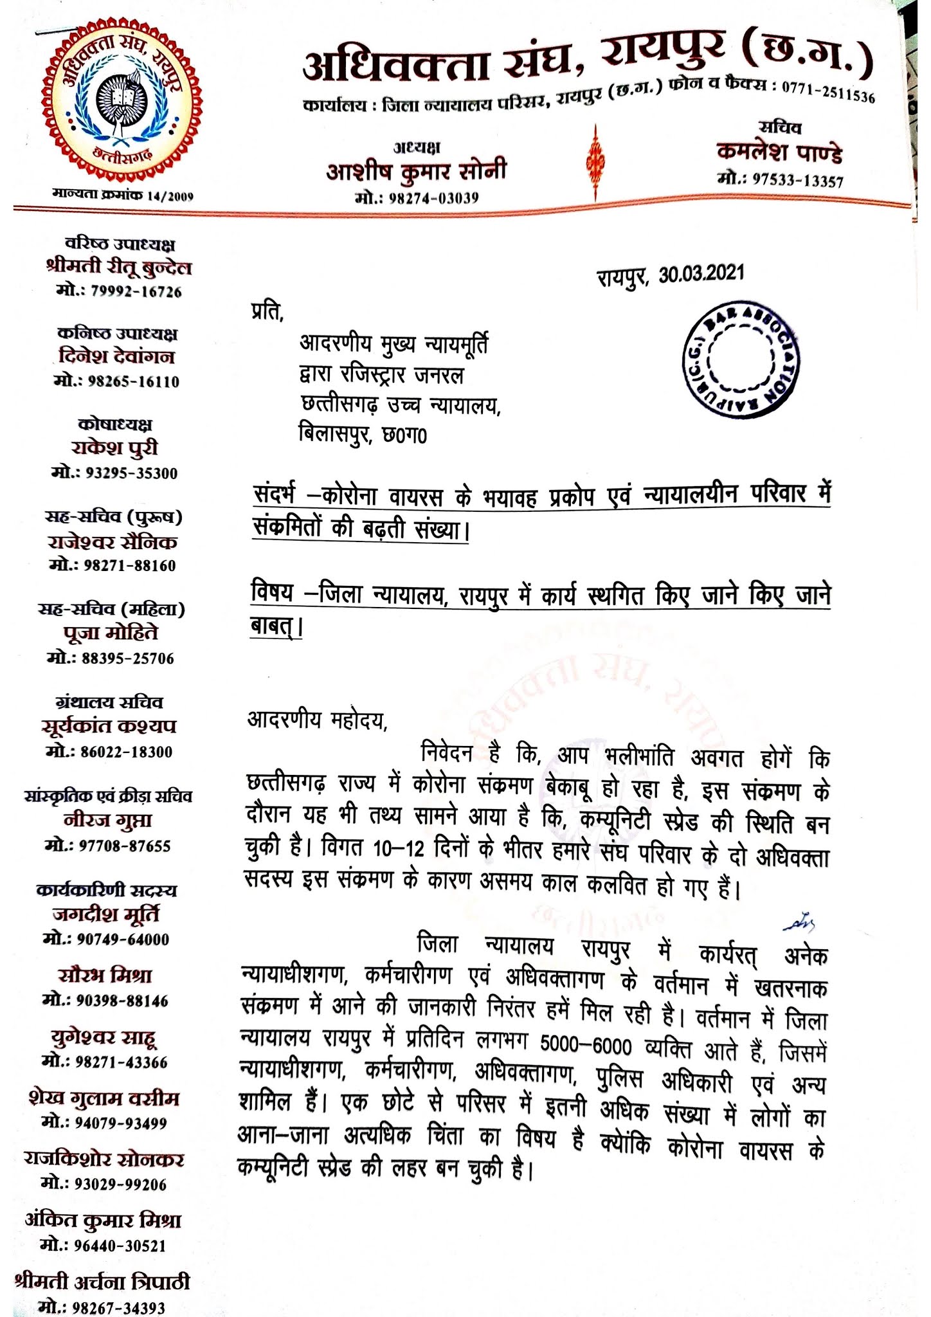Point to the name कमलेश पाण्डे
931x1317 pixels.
pyautogui.click(x=779, y=153)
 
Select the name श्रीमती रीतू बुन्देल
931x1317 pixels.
pyautogui.click(x=119, y=268)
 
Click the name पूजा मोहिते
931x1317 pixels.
pyautogui.click(x=111, y=633)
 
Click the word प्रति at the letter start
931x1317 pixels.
pyautogui.click(x=266, y=313)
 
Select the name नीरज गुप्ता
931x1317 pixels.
pyautogui.click(x=108, y=821)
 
